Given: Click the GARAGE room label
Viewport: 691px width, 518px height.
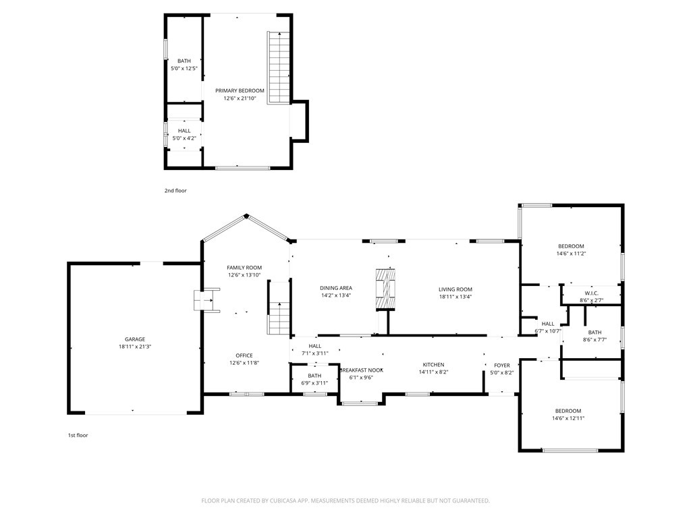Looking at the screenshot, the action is click(135, 339).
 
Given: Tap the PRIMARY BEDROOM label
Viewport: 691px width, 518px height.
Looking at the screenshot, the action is click(240, 91).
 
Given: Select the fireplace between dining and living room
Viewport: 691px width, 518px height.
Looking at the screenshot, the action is click(385, 289).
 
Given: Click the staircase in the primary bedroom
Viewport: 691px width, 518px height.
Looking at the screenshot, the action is click(279, 68).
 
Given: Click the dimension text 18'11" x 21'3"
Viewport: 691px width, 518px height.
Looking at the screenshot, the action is click(135, 347).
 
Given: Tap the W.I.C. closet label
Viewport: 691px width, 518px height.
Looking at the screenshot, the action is click(591, 293).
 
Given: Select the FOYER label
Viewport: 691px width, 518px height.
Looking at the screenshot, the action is click(502, 365).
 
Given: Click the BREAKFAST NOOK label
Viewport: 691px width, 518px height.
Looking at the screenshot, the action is click(362, 370).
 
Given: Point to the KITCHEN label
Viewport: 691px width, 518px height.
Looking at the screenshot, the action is click(434, 365).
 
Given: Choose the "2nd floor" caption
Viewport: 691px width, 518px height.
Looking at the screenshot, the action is click(175, 191).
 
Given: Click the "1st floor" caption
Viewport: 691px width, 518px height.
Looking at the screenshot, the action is click(78, 435).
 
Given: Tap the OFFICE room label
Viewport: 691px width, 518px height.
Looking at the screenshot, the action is click(244, 355).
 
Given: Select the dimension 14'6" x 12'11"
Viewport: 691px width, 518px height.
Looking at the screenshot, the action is click(568, 418).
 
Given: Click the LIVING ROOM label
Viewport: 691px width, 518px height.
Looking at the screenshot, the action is click(455, 289).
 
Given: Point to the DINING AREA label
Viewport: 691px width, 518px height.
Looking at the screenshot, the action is click(336, 288).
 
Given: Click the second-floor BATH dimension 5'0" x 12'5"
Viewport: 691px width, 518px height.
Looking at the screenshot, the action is click(184, 69).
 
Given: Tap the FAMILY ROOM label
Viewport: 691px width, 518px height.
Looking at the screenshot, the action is click(244, 267).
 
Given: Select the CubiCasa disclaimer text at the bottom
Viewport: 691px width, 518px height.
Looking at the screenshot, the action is click(345, 501).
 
